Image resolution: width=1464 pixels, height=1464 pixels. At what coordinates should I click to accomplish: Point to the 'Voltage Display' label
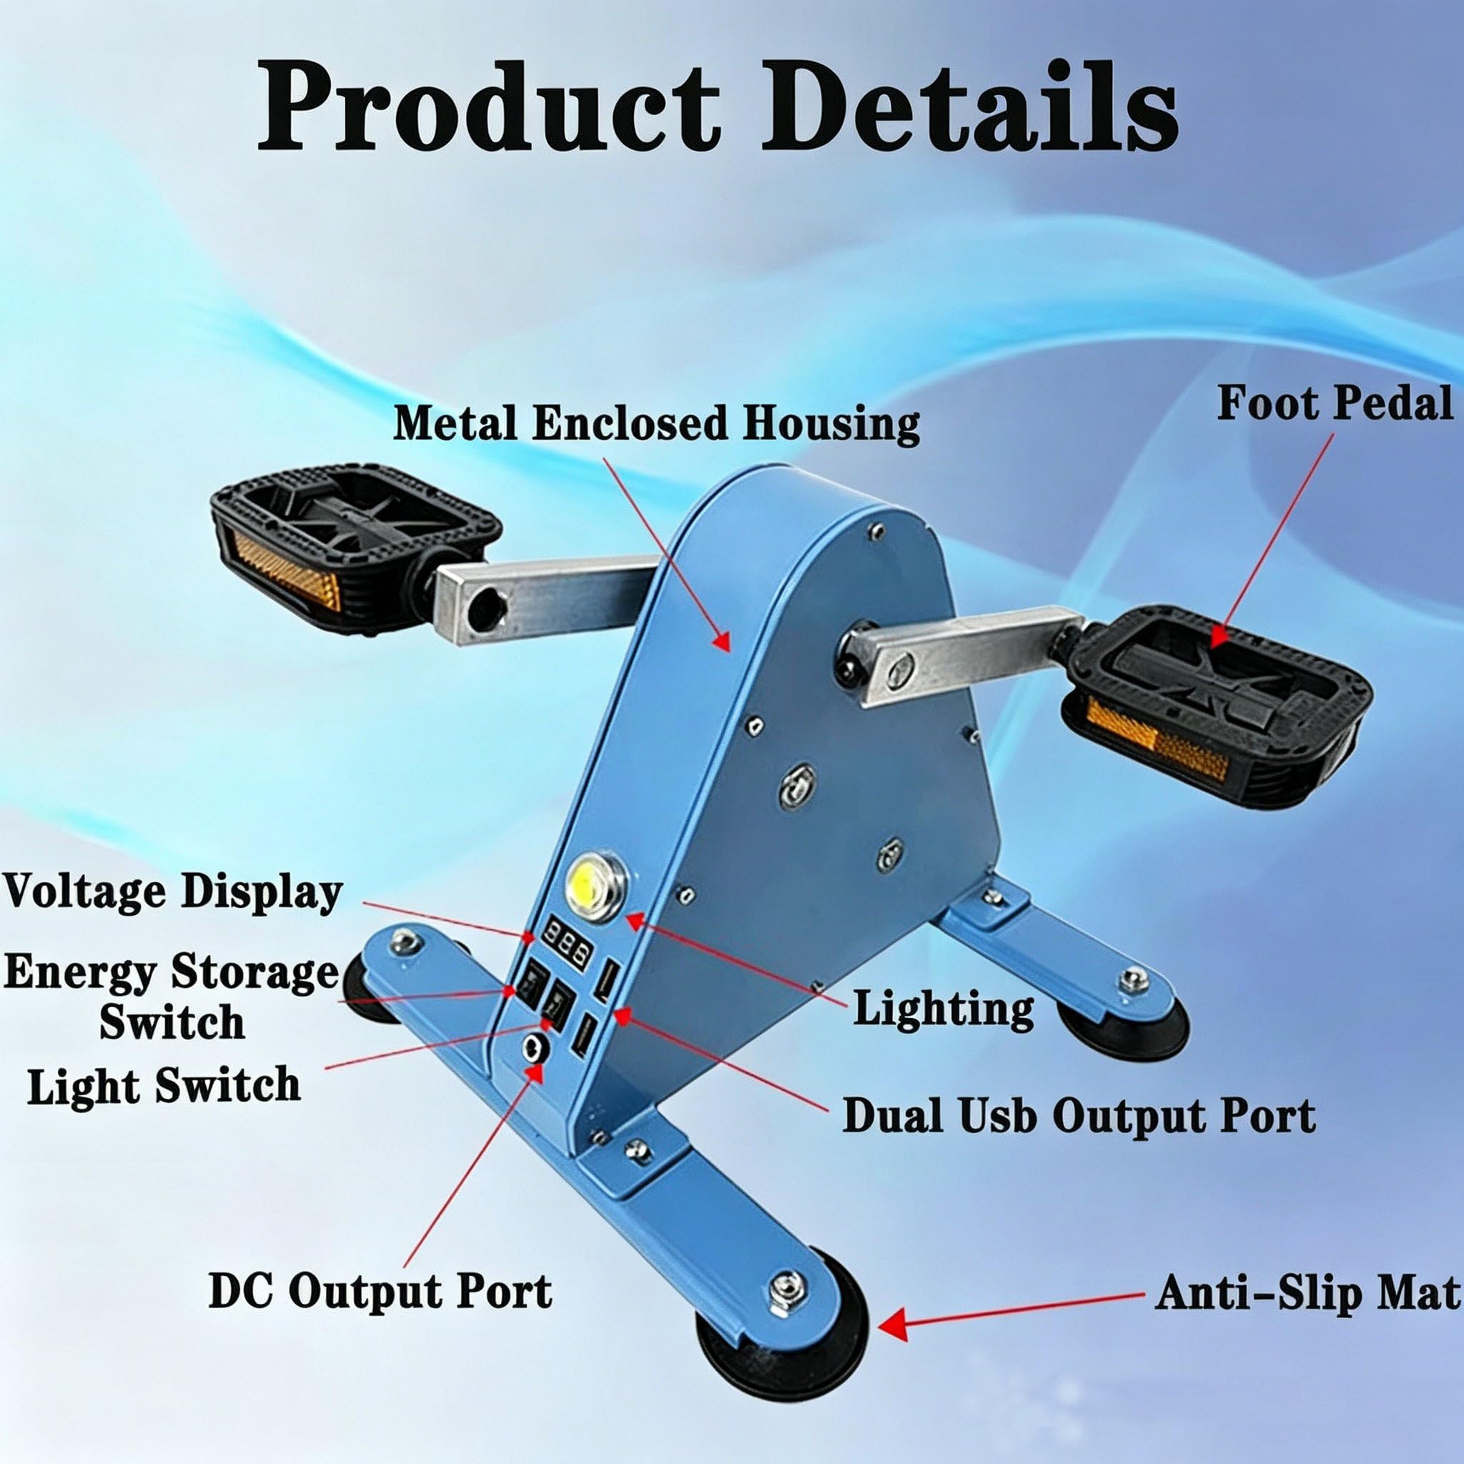pyautogui.click(x=173, y=892)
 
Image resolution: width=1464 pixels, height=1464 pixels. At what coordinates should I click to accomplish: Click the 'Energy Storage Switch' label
pyautogui.click(x=172, y=996)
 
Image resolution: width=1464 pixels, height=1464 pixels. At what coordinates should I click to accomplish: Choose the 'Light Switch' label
pyautogui.click(x=164, y=1085)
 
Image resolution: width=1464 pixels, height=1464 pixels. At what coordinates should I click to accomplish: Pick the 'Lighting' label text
pyautogui.click(x=944, y=1009)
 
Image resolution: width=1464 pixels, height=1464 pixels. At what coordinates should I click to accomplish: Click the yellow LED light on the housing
pyautogui.click(x=595, y=881)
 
